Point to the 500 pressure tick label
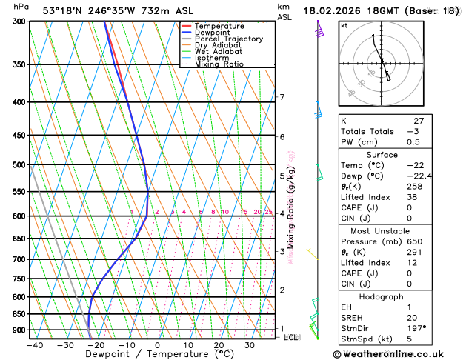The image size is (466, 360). [x=19, y=165]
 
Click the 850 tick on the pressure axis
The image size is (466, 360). [x=19, y=314]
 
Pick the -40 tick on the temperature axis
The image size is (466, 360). [x=33, y=345]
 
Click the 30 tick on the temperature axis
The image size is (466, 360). [x=250, y=345]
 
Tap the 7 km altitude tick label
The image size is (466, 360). [x=282, y=97]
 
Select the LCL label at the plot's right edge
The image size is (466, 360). [x=292, y=337]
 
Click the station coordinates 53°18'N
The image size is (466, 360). [x=63, y=10]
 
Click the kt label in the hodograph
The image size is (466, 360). [x=344, y=25]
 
